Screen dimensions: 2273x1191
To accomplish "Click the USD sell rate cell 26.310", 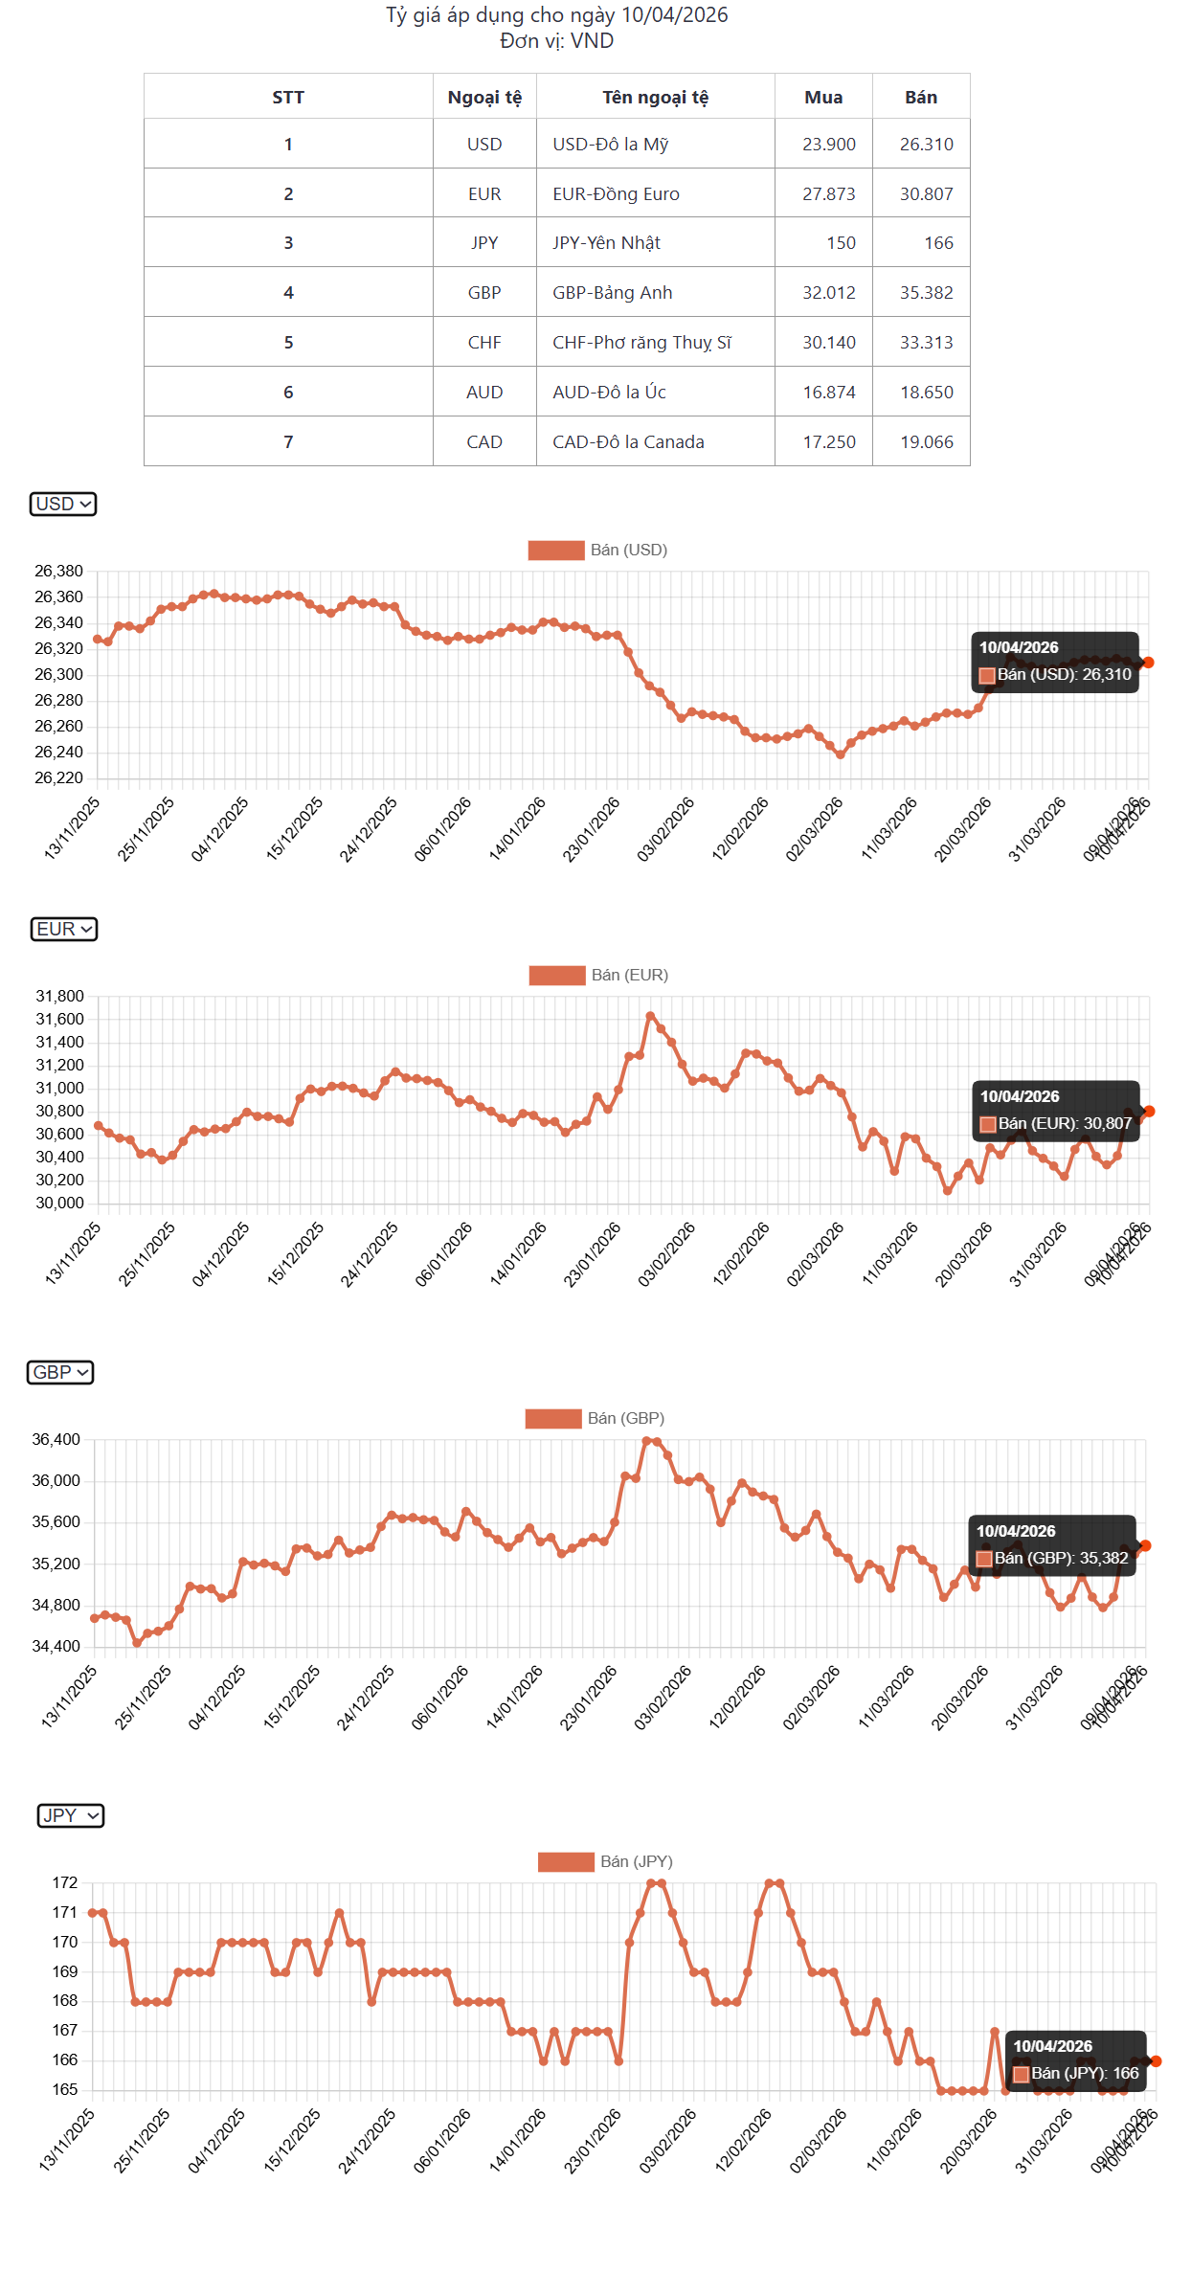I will [925, 145].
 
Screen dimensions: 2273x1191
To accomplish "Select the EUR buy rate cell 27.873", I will [828, 194].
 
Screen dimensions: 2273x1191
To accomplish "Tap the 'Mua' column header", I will [823, 97].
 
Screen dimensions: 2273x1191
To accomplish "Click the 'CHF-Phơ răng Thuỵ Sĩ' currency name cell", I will [641, 343].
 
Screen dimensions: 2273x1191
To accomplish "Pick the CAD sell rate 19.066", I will [925, 442].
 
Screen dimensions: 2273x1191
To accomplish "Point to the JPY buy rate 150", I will [841, 243].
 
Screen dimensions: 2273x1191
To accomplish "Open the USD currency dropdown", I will [63, 504].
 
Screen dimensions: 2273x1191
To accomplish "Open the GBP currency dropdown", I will [60, 1372].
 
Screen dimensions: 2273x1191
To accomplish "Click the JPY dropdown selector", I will [71, 1815].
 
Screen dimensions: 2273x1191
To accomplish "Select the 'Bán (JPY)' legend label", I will [606, 1861].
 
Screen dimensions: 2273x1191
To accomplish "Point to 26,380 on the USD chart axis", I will [58, 572].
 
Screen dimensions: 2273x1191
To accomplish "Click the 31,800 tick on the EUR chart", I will [59, 997].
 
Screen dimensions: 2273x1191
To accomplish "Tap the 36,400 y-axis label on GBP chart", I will [56, 1440].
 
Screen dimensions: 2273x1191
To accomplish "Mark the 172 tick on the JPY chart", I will [65, 1883].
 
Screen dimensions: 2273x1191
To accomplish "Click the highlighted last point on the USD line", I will [1148, 663].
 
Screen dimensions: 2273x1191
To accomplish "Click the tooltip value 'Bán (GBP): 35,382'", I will [1061, 1558].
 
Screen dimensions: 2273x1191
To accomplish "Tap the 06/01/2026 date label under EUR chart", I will [444, 1253].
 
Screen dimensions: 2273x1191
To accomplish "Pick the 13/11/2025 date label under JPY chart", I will [67, 2140].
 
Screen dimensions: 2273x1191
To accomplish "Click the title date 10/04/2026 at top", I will [674, 15].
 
